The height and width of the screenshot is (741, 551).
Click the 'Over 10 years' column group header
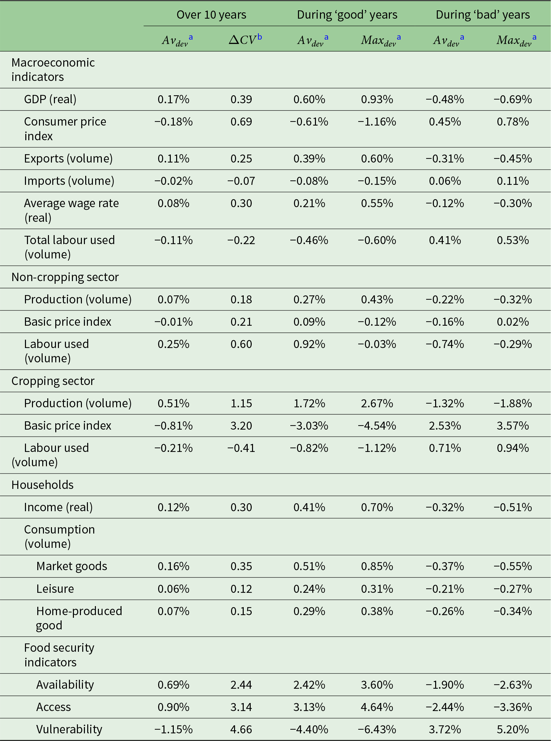pyautogui.click(x=211, y=15)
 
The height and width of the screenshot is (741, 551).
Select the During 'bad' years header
pyautogui.click(x=483, y=15)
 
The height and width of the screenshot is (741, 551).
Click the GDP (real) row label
pyautogui.click(x=50, y=99)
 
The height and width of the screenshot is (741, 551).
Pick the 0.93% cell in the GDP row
pyautogui.click(x=377, y=99)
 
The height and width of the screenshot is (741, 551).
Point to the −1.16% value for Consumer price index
pyautogui.click(x=377, y=122)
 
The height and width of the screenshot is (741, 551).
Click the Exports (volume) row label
pyautogui.click(x=68, y=159)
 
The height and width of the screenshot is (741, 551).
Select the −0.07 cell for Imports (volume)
pyautogui.click(x=241, y=181)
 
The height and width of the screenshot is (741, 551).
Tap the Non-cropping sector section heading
pyautogui.click(x=65, y=277)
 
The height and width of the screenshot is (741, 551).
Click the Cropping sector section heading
pyautogui.click(x=53, y=381)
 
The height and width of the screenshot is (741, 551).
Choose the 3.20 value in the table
pyautogui.click(x=241, y=425)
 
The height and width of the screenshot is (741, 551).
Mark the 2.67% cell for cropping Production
pyautogui.click(x=377, y=403)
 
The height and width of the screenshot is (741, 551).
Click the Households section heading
pyautogui.click(x=42, y=485)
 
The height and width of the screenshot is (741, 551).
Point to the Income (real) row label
pyautogui.click(x=58, y=507)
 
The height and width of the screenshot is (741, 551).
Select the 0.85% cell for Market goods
pyautogui.click(x=377, y=566)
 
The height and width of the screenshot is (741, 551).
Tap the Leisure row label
pyautogui.click(x=55, y=588)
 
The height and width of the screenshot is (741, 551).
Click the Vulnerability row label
pyautogui.click(x=69, y=729)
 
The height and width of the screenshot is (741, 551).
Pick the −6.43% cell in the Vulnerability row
pyautogui.click(x=377, y=729)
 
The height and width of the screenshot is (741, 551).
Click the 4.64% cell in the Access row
pyautogui.click(x=377, y=707)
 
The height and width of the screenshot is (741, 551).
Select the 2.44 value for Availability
pyautogui.click(x=241, y=684)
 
